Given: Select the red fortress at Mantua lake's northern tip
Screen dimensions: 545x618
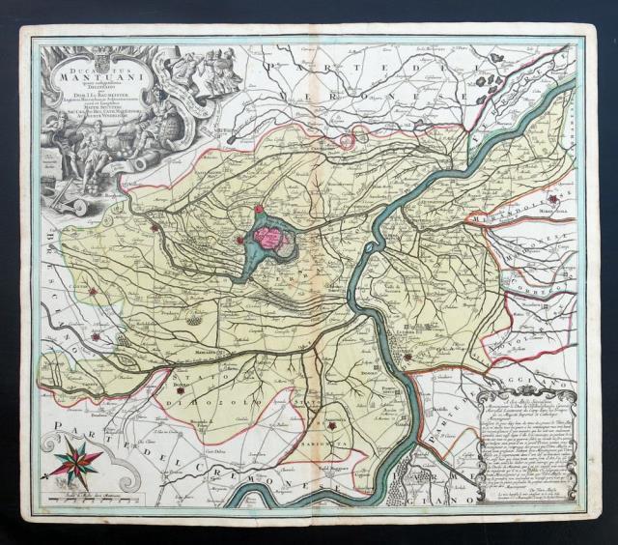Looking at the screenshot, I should pos(259,208).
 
